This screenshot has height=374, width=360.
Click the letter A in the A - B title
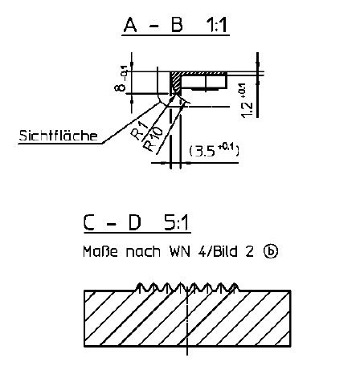[x=130, y=25]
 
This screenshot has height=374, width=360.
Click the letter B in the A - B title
[x=177, y=25]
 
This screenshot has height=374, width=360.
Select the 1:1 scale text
[x=216, y=25]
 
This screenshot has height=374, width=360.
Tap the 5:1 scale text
[x=176, y=223]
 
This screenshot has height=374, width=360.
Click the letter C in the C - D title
[x=89, y=223]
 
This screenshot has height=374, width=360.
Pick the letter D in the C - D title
[x=134, y=223]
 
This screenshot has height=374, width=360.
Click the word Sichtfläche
[x=58, y=136]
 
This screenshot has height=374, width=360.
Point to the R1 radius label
[x=140, y=131]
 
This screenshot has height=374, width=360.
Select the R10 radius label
[x=153, y=139]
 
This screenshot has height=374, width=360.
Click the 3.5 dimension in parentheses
[x=214, y=150]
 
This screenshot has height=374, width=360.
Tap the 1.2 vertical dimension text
[x=246, y=101]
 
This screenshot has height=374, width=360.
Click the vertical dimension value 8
[x=121, y=86]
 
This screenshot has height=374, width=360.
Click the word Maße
[x=100, y=252]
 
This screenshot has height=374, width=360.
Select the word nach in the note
[x=143, y=252]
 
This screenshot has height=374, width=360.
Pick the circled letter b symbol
[x=271, y=251]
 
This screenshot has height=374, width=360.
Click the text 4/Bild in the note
[x=218, y=252]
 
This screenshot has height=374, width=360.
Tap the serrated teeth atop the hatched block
[x=187, y=287]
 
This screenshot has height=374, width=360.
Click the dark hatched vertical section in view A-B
[x=176, y=83]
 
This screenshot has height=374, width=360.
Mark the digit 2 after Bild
[x=249, y=252]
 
